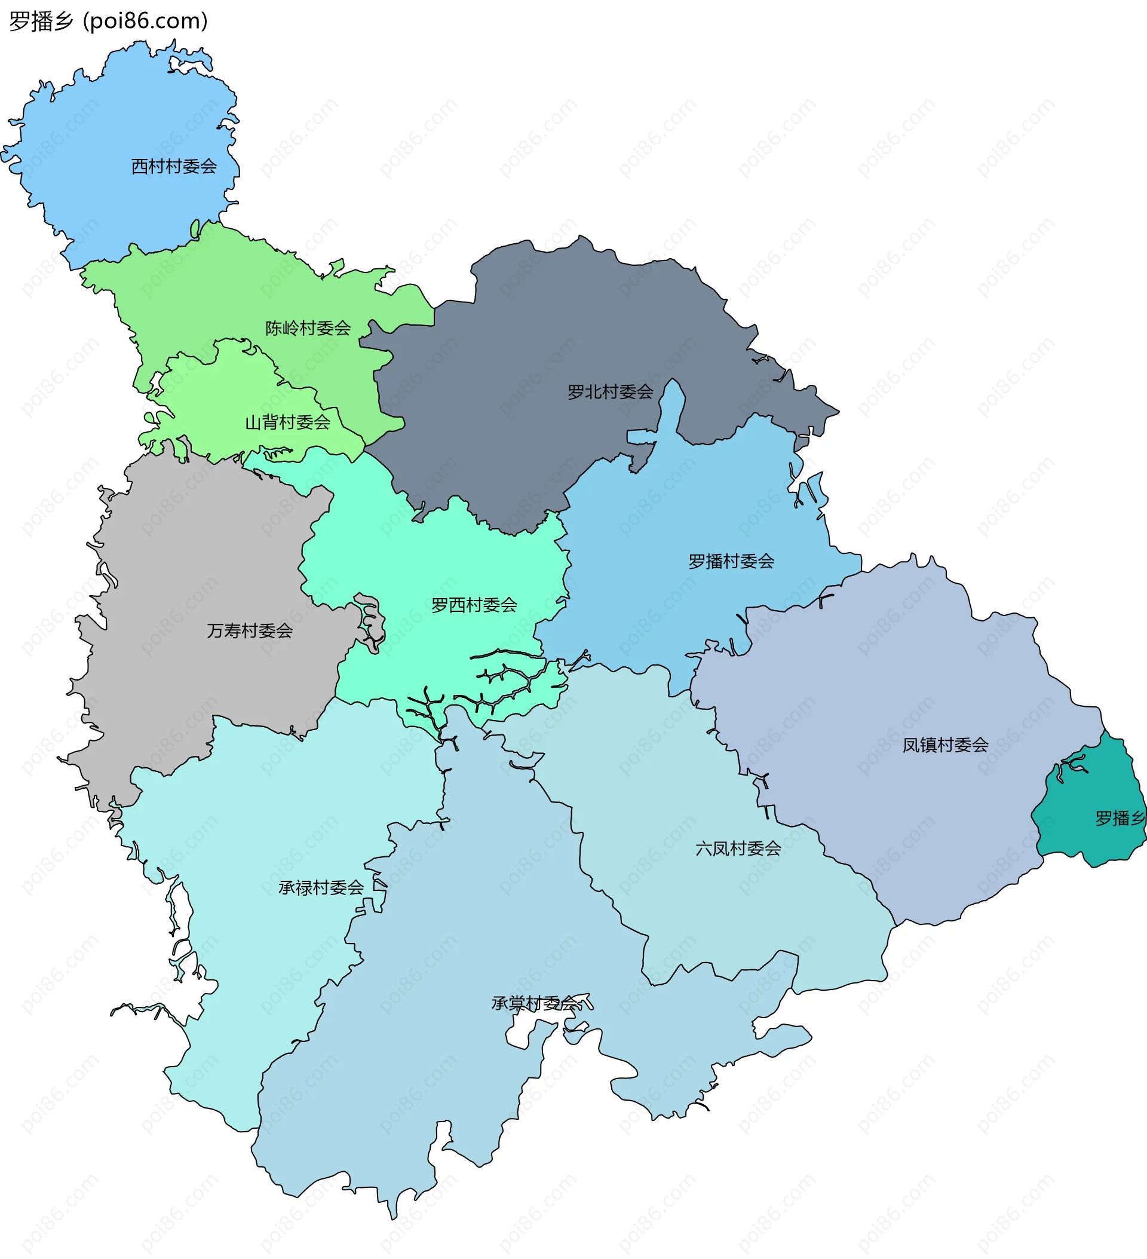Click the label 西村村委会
pyautogui.click(x=174, y=167)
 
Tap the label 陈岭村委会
pyautogui.click(x=308, y=329)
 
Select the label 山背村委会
pyautogui.click(x=287, y=423)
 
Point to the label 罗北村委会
pyautogui.click(x=610, y=392)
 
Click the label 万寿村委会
pyautogui.click(x=250, y=632)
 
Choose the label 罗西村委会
pyautogui.click(x=474, y=605)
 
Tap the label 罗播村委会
pyautogui.click(x=731, y=562)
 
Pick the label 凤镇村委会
pyautogui.click(x=945, y=745)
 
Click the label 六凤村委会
pyautogui.click(x=738, y=848)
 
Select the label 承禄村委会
pyautogui.click(x=321, y=888)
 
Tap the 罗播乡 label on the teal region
pyautogui.click(x=1120, y=818)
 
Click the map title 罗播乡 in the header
pyautogui.click(x=41, y=22)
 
